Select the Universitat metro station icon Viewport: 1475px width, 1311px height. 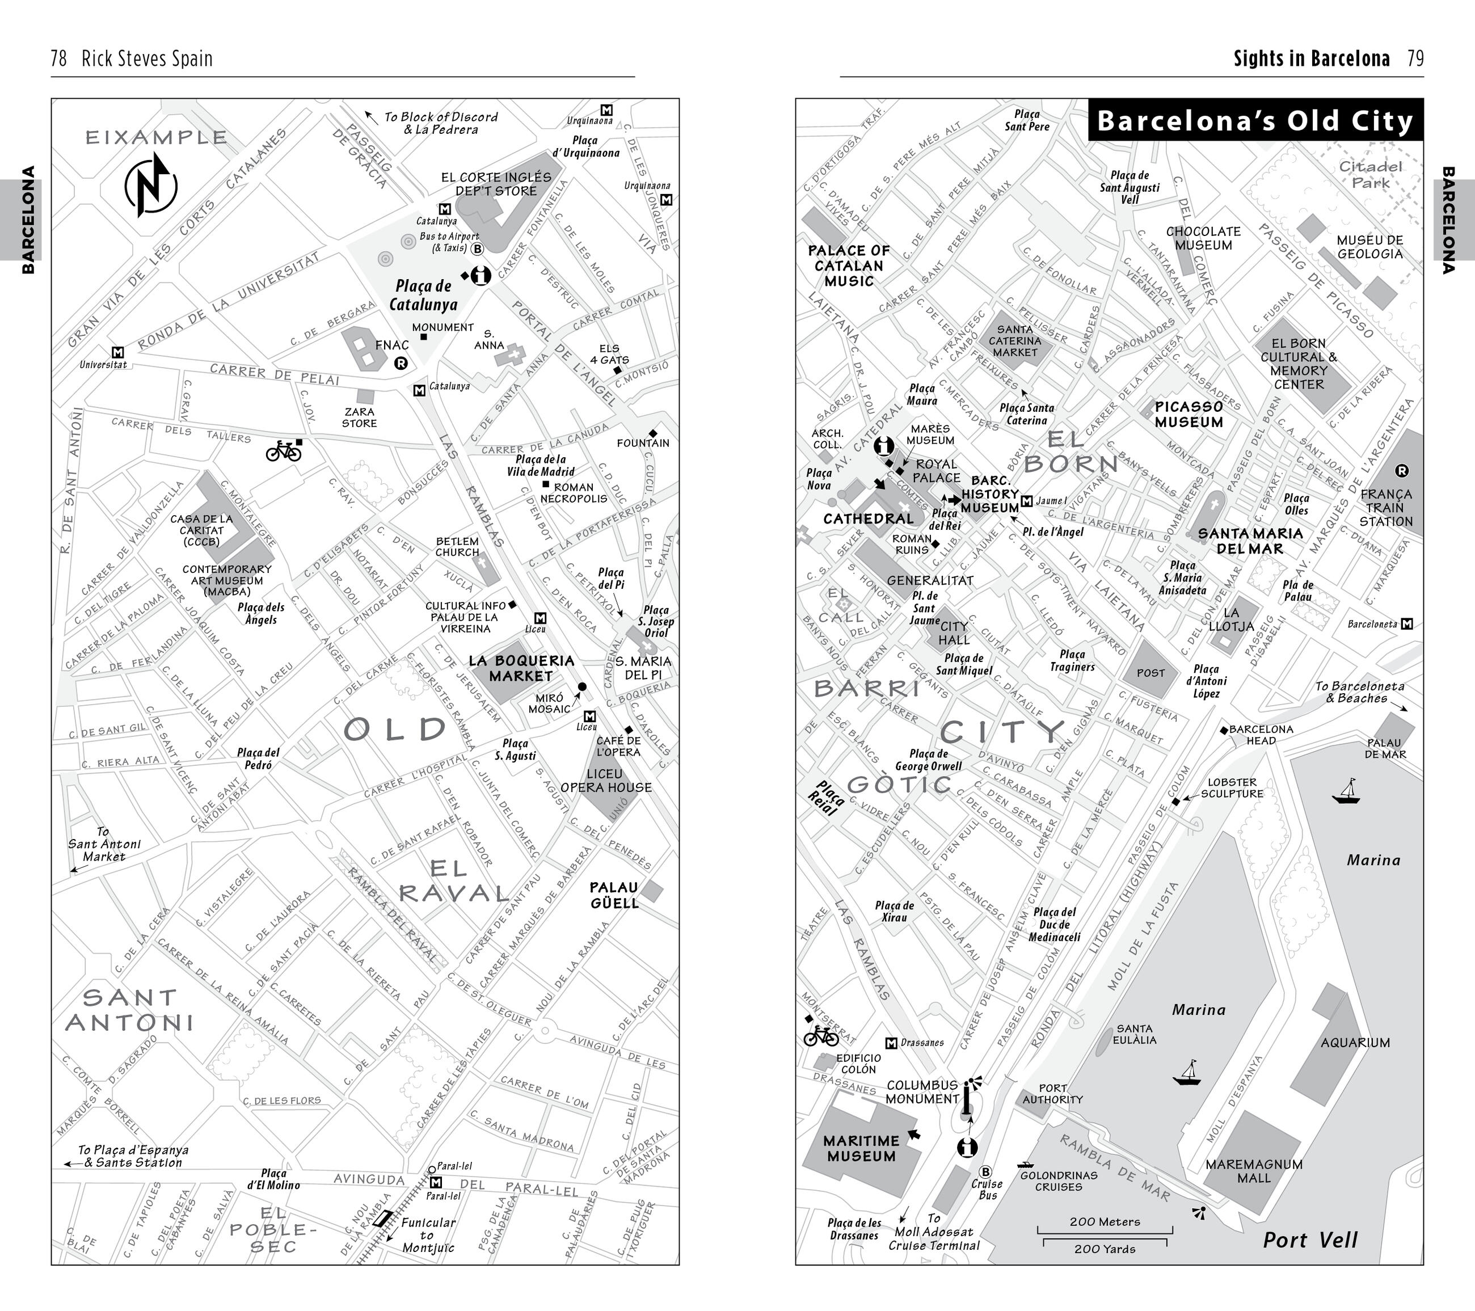coord(119,352)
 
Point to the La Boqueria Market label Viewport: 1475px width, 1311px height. coord(521,668)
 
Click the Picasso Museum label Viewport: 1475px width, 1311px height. coord(1189,414)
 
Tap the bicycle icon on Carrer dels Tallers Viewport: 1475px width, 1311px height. coord(283,451)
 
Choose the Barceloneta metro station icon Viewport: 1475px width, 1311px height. coord(1406,624)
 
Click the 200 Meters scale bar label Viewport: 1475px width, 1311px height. coord(1105,1221)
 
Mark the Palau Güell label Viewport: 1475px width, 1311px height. coord(614,895)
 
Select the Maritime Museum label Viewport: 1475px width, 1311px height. coord(861,1148)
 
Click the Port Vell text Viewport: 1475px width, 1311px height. coord(1310,1240)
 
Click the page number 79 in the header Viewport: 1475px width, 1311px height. coord(1415,58)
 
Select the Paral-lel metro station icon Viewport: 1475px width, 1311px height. coord(435,1183)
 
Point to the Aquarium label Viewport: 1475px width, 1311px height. coord(1355,1042)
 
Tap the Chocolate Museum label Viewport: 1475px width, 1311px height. coord(1203,238)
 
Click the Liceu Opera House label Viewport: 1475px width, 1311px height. coord(606,780)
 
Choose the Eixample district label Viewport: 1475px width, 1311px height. coord(157,137)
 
